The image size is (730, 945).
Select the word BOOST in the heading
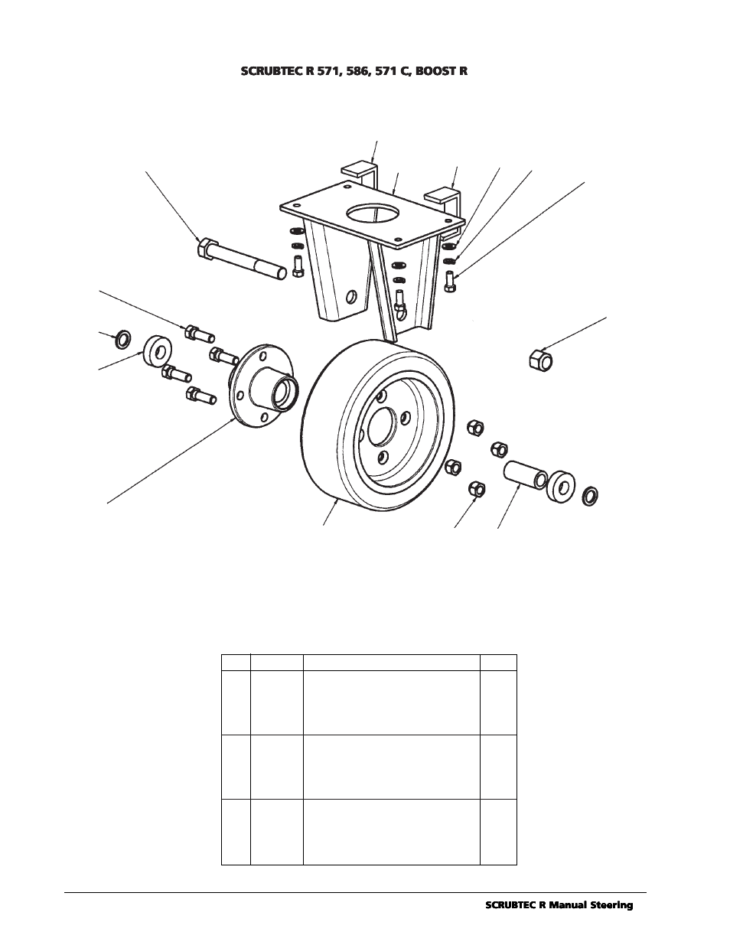pos(436,71)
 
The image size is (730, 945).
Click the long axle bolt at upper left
pos(242,259)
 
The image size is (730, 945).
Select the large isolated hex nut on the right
pos(540,359)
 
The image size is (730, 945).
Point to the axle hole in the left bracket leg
pos(350,298)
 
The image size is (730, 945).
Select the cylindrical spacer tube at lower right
pos(525,475)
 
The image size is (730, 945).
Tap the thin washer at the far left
pos(122,339)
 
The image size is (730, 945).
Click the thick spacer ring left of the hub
pos(158,351)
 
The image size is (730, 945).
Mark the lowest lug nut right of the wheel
pos(477,490)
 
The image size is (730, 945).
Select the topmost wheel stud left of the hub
pos(200,334)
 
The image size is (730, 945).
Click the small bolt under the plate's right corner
pos(450,281)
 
